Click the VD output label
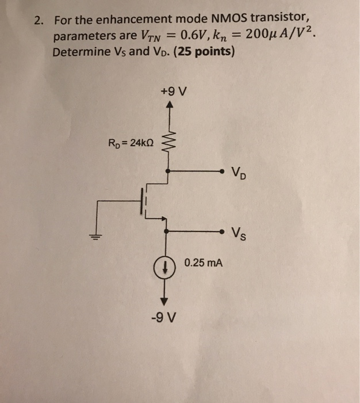[x=238, y=172]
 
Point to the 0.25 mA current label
[x=204, y=263]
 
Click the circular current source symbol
[x=165, y=265]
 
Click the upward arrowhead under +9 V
[x=168, y=105]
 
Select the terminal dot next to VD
[x=221, y=171]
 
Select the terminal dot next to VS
[x=221, y=231]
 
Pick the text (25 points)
[x=201, y=52]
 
